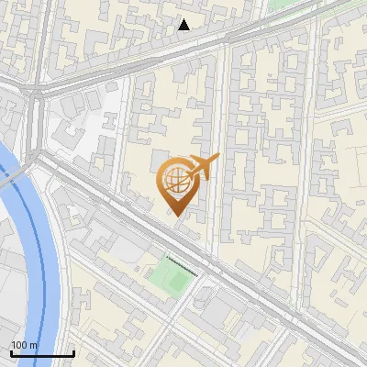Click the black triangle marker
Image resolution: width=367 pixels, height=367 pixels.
click(184, 25)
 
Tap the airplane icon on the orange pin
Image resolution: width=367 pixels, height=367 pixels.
click(201, 166)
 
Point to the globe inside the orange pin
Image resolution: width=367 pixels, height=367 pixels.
click(174, 178)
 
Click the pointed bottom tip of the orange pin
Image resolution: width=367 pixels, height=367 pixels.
click(174, 215)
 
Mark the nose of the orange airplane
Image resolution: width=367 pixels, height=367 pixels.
click(217, 159)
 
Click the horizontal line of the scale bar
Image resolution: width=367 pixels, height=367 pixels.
click(42, 354)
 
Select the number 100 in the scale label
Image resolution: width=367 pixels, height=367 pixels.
click(19, 345)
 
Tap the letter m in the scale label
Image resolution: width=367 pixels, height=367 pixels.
click(33, 345)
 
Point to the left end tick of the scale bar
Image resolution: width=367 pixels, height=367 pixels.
click(11, 351)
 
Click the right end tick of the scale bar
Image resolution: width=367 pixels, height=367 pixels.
click(73, 351)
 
